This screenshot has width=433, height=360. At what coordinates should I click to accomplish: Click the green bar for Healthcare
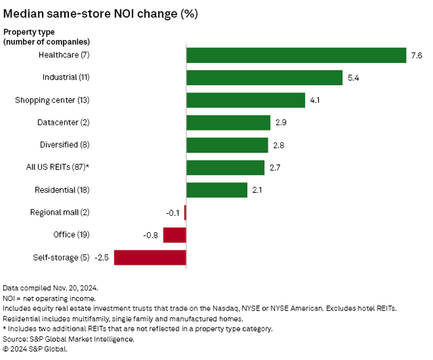(x=296, y=55)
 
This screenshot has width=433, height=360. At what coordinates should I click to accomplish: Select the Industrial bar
(x=265, y=78)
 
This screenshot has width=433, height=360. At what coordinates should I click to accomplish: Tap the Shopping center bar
(x=246, y=100)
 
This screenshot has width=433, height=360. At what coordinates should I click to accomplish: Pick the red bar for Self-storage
(x=150, y=257)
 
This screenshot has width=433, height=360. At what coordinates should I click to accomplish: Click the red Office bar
(x=175, y=235)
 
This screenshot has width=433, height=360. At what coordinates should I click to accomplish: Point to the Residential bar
(x=216, y=190)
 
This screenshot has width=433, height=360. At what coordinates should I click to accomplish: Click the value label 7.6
(x=416, y=55)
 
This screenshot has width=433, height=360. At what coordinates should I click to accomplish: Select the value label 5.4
(x=353, y=78)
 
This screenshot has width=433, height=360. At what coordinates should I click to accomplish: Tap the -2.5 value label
(x=101, y=257)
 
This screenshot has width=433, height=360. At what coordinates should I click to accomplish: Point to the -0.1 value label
(x=173, y=212)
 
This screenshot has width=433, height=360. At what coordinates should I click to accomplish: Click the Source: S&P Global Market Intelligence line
(x=68, y=340)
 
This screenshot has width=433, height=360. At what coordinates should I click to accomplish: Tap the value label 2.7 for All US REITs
(x=275, y=168)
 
